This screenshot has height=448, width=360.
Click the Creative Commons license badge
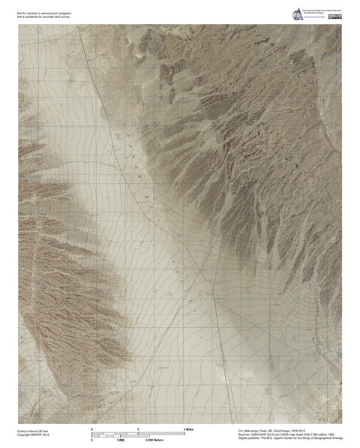333,16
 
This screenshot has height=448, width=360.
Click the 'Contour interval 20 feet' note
31,431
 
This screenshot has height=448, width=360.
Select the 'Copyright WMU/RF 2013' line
31,435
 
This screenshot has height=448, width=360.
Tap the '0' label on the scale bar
91,428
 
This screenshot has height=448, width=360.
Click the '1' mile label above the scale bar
138,428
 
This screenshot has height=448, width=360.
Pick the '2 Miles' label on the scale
187,428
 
